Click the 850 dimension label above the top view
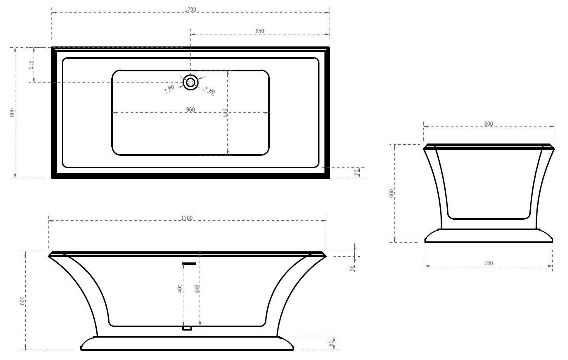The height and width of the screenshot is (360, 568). [260, 31]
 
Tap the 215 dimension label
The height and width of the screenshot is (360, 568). [31, 65]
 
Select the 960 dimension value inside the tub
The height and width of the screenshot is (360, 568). [190, 109]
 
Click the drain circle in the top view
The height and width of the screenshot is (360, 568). [190, 82]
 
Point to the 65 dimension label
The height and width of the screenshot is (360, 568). [356, 173]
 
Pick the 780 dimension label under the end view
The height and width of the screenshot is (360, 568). [489, 263]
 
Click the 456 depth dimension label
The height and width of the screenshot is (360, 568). [197, 289]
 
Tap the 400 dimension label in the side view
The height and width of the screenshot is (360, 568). [180, 289]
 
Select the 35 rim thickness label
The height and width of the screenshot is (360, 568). [352, 268]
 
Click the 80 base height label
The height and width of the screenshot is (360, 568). [331, 343]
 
